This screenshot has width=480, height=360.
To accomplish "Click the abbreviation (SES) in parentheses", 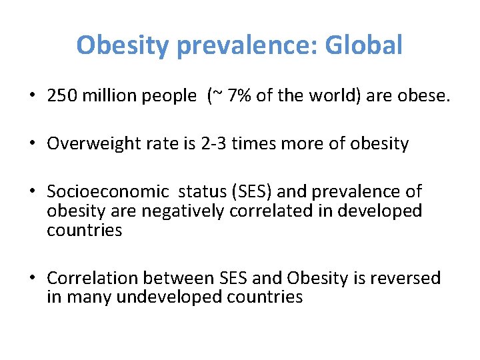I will click(x=246, y=192).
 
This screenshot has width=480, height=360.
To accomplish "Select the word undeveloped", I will click(x=169, y=297).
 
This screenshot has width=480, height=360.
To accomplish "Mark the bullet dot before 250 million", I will click(x=32, y=96).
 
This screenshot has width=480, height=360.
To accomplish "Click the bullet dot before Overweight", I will click(x=32, y=144).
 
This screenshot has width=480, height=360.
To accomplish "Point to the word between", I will click(x=184, y=278).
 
